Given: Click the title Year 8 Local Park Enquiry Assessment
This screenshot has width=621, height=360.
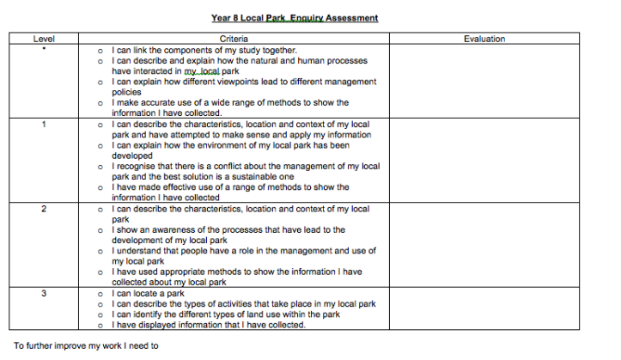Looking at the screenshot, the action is [295, 17].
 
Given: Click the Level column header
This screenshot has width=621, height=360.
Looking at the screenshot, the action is [44, 40].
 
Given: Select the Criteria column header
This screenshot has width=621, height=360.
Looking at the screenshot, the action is [234, 40].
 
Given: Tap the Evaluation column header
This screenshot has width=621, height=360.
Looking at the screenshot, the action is [484, 40].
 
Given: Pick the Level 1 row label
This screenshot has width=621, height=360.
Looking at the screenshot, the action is [44, 125].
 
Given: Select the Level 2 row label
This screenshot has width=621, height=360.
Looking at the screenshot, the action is [44, 209].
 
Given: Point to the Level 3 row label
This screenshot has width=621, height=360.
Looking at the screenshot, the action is [44, 293].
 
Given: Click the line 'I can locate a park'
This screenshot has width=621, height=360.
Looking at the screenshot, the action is [148, 293].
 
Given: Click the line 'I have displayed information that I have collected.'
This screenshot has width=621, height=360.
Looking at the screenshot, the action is [208, 324].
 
